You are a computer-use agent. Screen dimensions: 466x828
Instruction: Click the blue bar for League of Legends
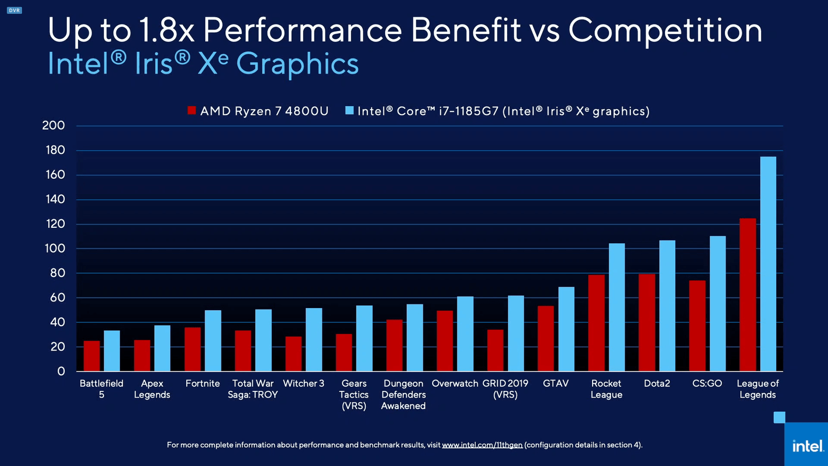[x=768, y=264]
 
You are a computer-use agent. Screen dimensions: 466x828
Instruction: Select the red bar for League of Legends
[x=748, y=295]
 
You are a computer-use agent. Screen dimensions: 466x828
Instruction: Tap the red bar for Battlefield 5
[x=92, y=356]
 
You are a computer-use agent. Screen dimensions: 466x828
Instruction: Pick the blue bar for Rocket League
[x=617, y=308]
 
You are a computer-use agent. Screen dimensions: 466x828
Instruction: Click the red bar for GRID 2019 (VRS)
[x=495, y=351]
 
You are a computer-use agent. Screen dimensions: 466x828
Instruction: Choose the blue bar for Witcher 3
[x=314, y=340]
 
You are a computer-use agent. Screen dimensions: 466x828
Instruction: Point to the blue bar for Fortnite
[x=213, y=341]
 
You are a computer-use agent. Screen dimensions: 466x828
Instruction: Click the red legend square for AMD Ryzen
[x=192, y=110]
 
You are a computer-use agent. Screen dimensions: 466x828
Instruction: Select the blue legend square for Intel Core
[x=349, y=110]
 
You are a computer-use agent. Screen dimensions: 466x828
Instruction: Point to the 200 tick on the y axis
[x=54, y=125]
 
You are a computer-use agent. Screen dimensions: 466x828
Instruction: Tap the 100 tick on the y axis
[x=55, y=248]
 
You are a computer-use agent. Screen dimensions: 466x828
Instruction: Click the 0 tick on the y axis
[x=61, y=371]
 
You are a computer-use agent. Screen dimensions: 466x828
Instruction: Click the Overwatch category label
[x=455, y=384]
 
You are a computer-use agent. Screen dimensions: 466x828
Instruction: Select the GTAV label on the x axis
[x=556, y=384]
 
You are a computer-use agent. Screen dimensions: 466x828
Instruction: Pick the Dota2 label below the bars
[x=657, y=384]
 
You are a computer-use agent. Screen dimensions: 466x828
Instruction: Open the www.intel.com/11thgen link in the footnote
[x=482, y=445]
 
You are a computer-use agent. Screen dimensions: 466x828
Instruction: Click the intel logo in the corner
[x=808, y=446]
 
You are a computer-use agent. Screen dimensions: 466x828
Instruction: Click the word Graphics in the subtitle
[x=298, y=64]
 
